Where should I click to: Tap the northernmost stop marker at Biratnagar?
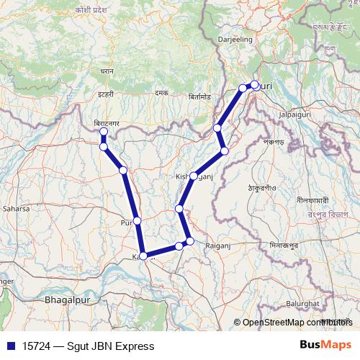click(104, 132)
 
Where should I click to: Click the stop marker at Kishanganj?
click(193, 176)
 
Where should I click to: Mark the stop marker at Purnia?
click(137, 220)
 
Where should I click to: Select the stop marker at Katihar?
click(143, 256)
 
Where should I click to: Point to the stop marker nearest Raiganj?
click(190, 241)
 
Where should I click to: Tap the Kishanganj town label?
click(192, 176)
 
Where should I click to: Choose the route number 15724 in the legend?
click(35, 346)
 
